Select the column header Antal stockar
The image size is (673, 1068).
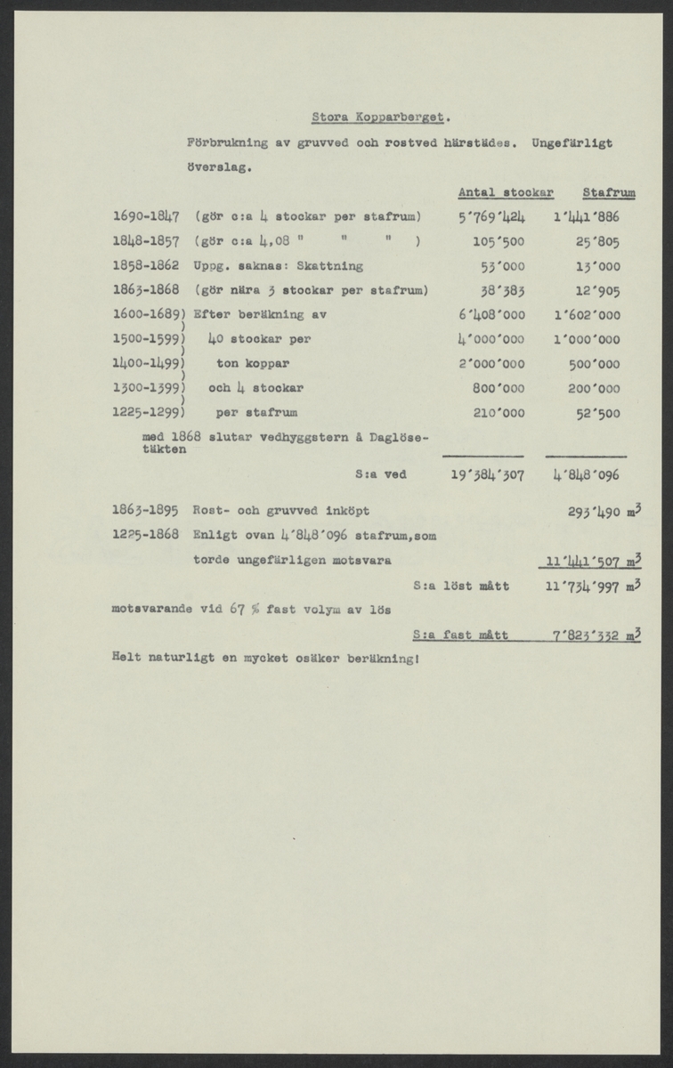[506, 192]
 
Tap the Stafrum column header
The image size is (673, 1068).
[609, 192]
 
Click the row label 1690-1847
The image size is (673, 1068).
[147, 216]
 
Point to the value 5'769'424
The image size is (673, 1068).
[491, 216]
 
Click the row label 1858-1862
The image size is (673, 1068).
[147, 265]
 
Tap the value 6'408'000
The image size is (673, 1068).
[491, 315]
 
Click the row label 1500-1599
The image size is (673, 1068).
[147, 339]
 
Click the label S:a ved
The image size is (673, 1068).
[379, 475]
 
